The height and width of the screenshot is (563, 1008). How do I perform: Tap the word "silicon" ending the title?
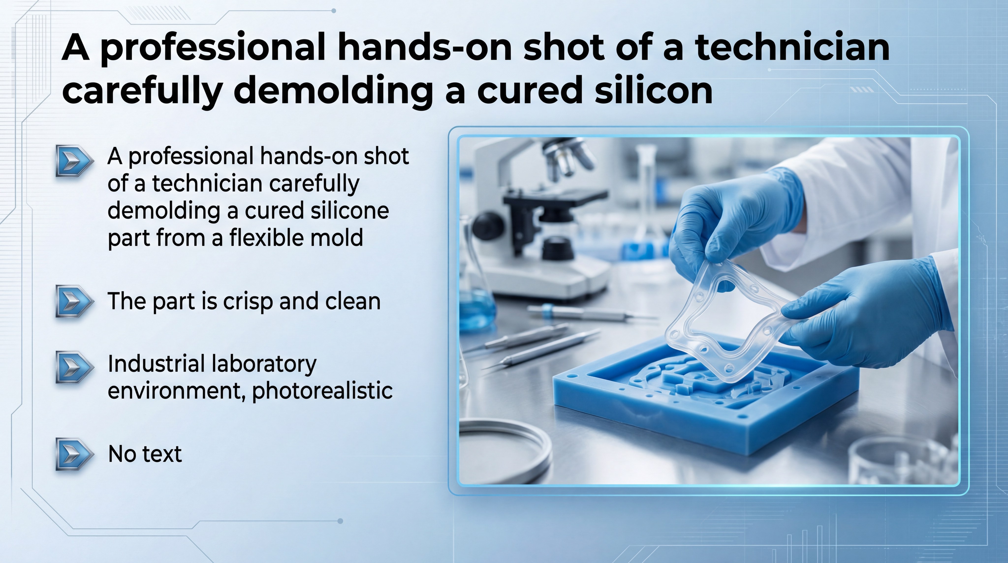tap(653, 91)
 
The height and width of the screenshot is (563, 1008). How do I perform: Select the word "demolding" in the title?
tap(333, 91)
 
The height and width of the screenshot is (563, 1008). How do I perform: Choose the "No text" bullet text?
tap(144, 454)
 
